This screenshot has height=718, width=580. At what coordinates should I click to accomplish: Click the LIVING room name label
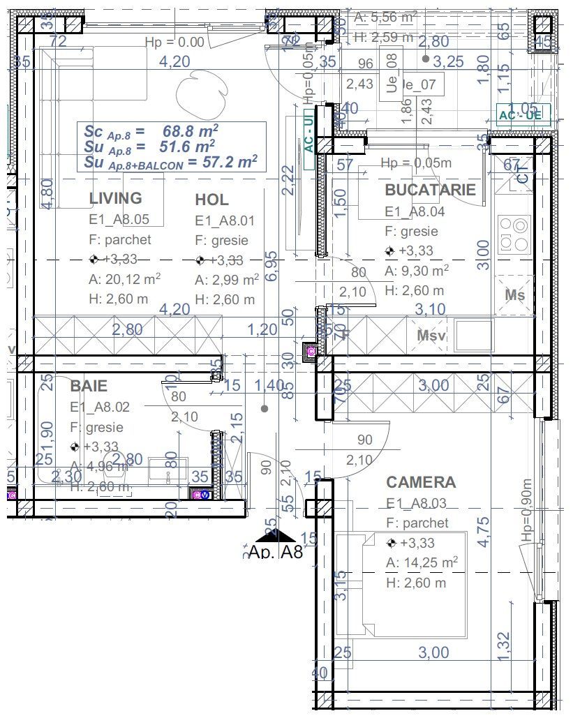[x=115, y=198]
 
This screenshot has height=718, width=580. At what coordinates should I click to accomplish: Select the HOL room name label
[x=211, y=200]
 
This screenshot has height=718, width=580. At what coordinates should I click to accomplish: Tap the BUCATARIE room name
[x=430, y=189]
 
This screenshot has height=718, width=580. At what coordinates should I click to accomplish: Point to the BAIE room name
[x=89, y=385]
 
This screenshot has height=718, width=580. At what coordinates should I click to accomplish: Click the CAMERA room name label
[x=421, y=482]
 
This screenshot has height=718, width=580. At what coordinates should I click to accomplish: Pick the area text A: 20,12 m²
[x=124, y=280]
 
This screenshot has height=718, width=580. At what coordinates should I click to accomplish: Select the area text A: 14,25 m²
[x=422, y=562]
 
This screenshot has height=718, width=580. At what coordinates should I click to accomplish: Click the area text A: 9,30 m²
[x=416, y=271]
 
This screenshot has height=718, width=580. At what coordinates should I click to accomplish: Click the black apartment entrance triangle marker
[x=276, y=534]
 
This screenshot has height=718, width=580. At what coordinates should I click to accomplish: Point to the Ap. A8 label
[x=276, y=553]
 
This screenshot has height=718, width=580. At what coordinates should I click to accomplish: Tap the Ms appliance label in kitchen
[x=515, y=295]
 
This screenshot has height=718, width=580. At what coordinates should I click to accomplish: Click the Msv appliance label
[x=431, y=336]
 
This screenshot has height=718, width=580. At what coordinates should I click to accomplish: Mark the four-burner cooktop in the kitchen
[x=515, y=234]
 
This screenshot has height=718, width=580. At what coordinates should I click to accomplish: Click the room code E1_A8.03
[x=417, y=503]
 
